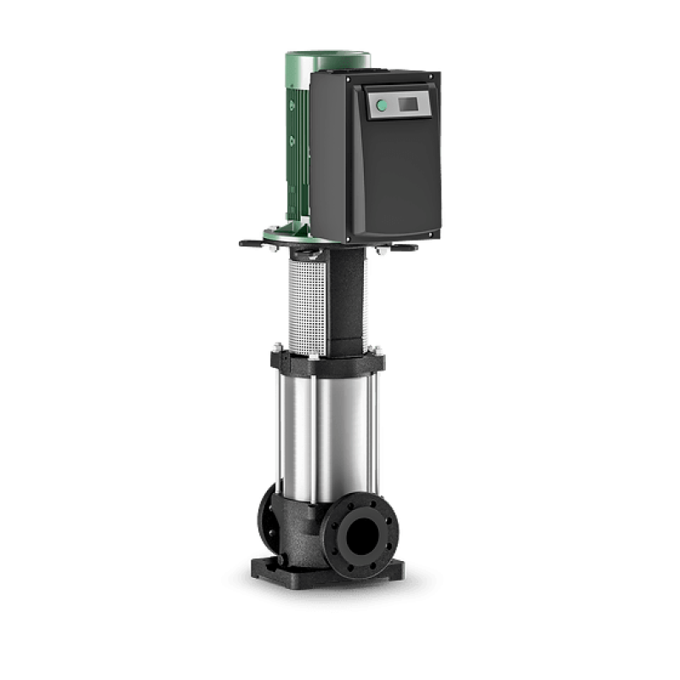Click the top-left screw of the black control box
316,78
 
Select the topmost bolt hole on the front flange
361,502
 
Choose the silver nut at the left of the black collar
277,349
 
